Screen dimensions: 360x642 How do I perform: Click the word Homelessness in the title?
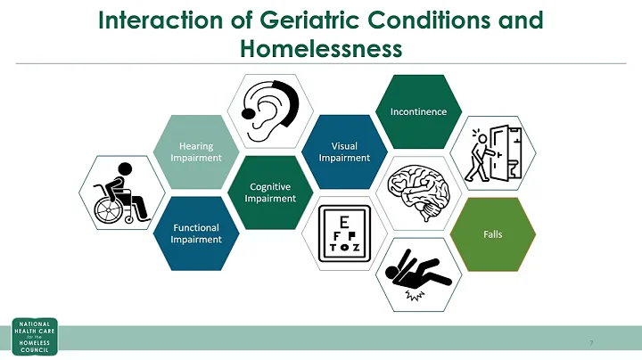click(x=321, y=48)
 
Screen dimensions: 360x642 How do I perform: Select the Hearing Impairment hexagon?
click(x=195, y=151)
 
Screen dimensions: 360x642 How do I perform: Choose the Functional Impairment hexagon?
click(x=195, y=233)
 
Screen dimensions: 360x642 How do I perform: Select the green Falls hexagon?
click(x=492, y=233)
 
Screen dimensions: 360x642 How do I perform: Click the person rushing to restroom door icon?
click(x=492, y=152)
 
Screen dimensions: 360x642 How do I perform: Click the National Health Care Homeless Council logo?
click(x=34, y=337)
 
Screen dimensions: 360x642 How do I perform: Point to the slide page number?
click(x=591, y=342)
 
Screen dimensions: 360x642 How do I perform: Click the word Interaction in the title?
click(x=152, y=19)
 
